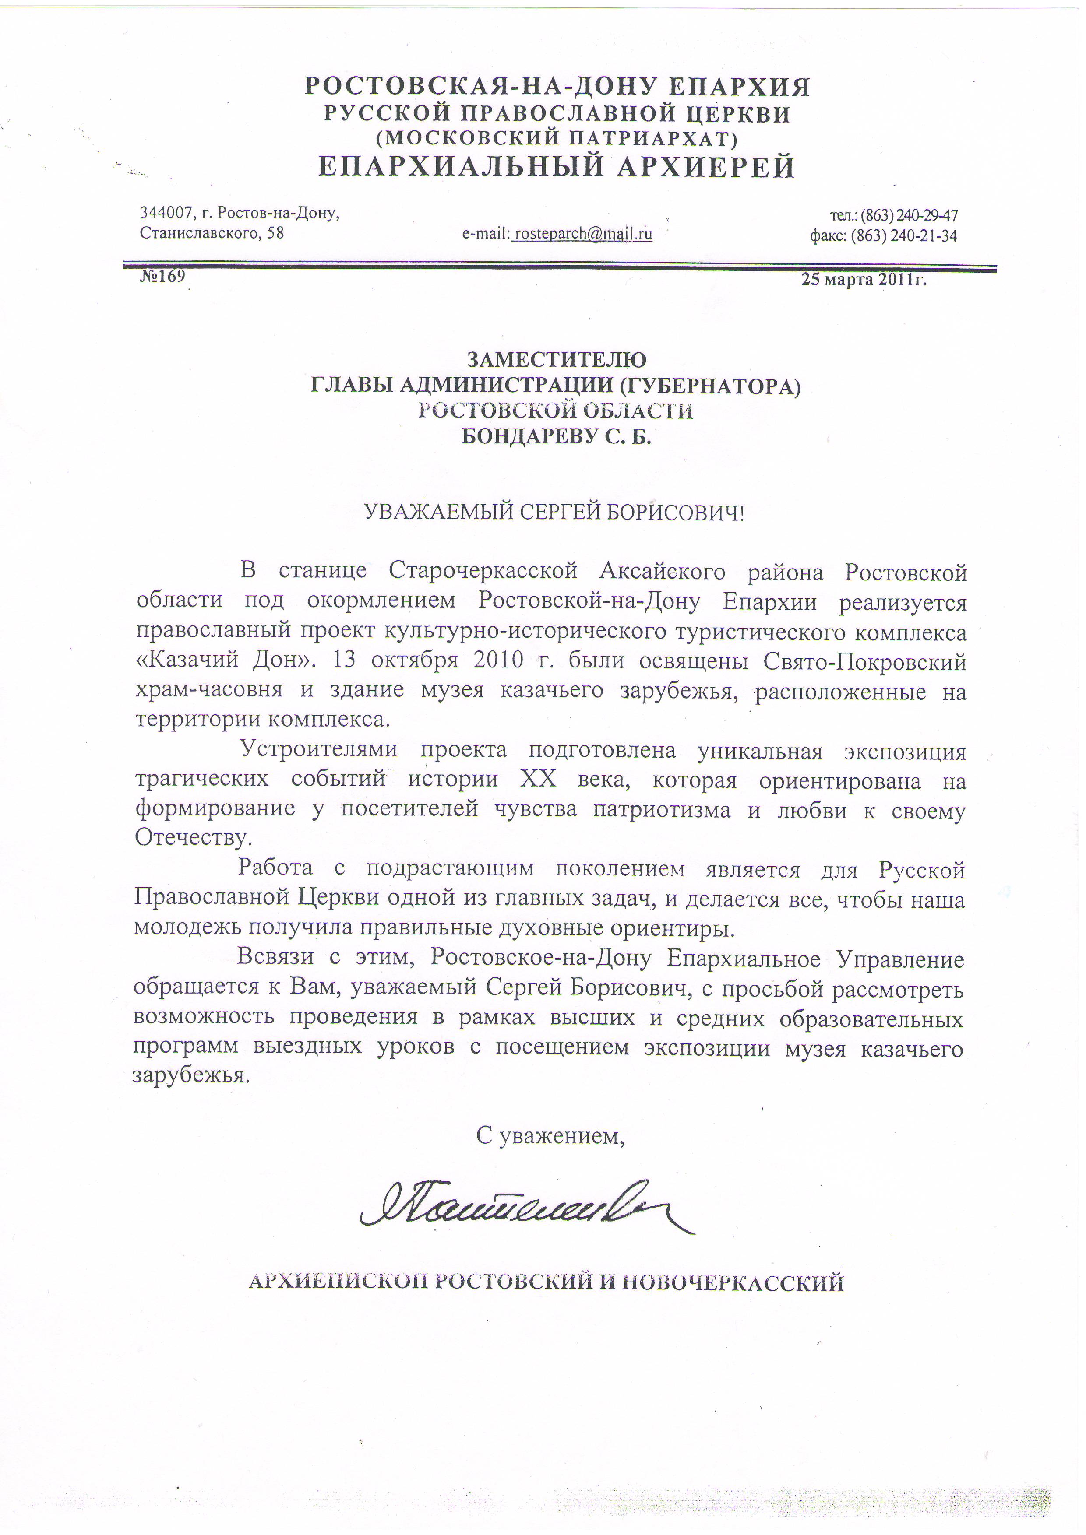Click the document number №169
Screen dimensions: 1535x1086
coord(162,276)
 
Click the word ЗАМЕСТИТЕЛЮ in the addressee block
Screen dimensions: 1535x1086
coord(556,360)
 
